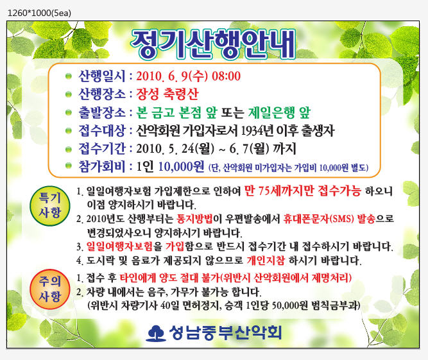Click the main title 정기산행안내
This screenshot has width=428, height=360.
[x=213, y=44]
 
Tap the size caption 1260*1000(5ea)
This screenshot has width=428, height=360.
[x=39, y=13]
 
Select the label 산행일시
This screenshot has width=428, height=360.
[x=102, y=76]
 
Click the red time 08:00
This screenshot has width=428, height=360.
[x=227, y=76]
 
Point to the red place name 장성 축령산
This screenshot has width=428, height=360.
[x=167, y=94]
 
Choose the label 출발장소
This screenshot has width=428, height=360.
[x=102, y=112]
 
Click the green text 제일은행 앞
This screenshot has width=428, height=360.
[x=279, y=112]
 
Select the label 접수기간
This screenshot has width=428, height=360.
[x=102, y=149]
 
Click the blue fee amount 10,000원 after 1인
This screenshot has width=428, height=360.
[x=181, y=166]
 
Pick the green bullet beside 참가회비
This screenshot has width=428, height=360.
[x=69, y=166]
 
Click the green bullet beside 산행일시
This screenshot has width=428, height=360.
[x=69, y=76]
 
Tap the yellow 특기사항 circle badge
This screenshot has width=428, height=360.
[x=50, y=206]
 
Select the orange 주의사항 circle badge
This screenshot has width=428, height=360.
[x=50, y=289]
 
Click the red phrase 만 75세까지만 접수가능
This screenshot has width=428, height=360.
[x=302, y=191]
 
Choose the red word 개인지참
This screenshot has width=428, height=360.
[x=266, y=261]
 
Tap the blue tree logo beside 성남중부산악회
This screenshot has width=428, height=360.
[x=156, y=333]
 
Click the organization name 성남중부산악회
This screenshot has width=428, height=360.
[x=225, y=332]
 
